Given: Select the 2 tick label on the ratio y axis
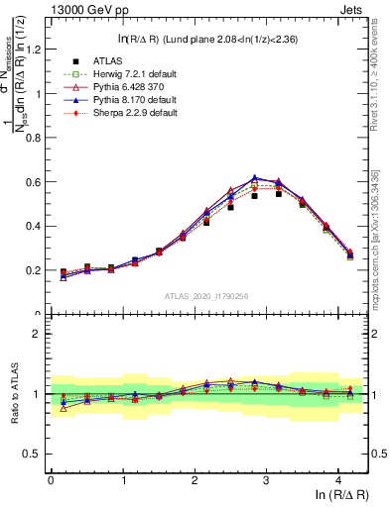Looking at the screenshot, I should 39,334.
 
